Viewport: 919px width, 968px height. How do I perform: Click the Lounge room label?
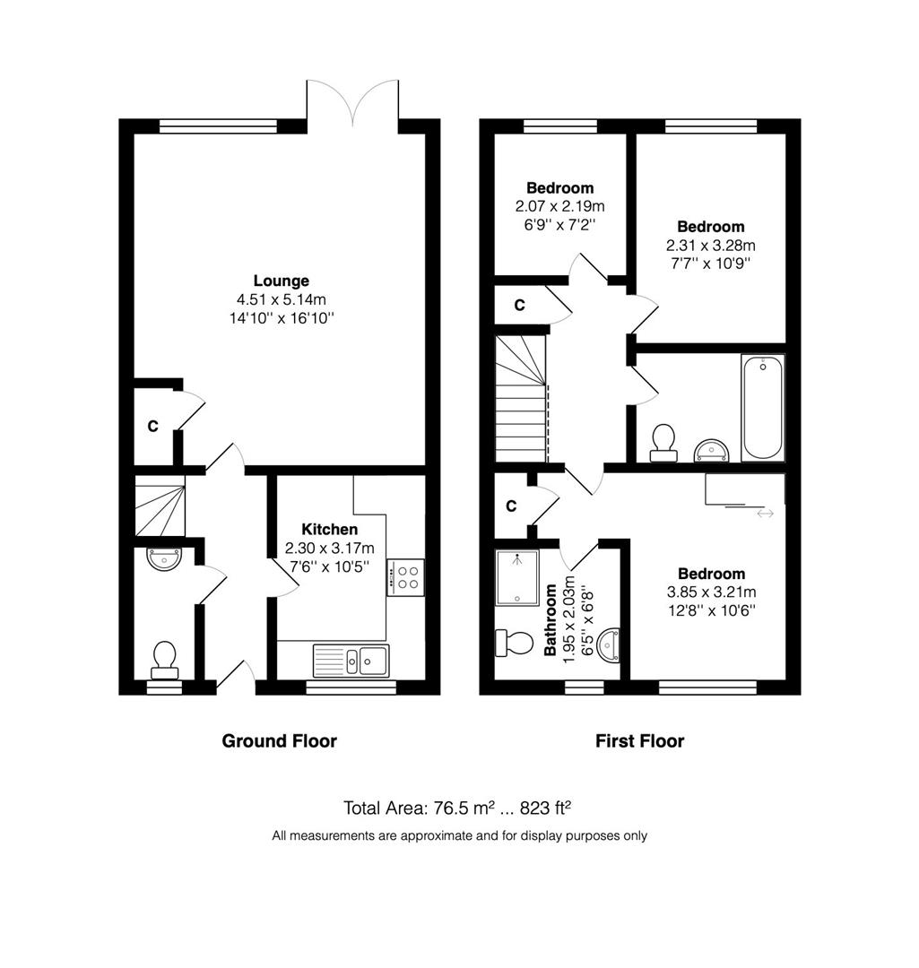pyautogui.click(x=281, y=281)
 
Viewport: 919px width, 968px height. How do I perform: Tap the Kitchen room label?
pyautogui.click(x=329, y=529)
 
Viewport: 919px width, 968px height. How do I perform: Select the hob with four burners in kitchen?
pyautogui.click(x=406, y=577)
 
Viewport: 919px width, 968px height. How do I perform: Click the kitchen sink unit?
pyautogui.click(x=351, y=661)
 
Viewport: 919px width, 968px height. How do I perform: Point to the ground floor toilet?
pyautogui.click(x=164, y=661)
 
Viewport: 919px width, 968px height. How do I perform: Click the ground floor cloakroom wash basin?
pyautogui.click(x=164, y=558)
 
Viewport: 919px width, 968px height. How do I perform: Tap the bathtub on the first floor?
pyautogui.click(x=763, y=408)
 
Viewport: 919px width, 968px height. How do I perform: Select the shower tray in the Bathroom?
pyautogui.click(x=517, y=578)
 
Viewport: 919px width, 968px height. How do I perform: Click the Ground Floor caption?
pyautogui.click(x=279, y=741)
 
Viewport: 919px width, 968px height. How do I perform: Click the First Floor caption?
pyautogui.click(x=639, y=741)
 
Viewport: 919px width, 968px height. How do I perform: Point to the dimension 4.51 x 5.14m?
pyautogui.click(x=281, y=300)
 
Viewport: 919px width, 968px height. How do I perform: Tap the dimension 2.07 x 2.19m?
pyautogui.click(x=560, y=206)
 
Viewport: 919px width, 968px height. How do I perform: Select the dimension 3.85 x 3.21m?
pyautogui.click(x=712, y=592)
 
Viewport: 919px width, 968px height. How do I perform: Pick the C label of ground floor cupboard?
pyautogui.click(x=152, y=426)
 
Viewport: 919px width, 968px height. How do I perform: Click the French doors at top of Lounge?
pyautogui.click(x=352, y=102)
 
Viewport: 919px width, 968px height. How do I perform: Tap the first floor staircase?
pyautogui.click(x=522, y=398)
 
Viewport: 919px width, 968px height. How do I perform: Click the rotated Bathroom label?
pyautogui.click(x=549, y=620)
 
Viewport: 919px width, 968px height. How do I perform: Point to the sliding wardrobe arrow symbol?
pyautogui.click(x=765, y=514)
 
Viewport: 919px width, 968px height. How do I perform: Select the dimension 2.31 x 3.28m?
pyautogui.click(x=710, y=245)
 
